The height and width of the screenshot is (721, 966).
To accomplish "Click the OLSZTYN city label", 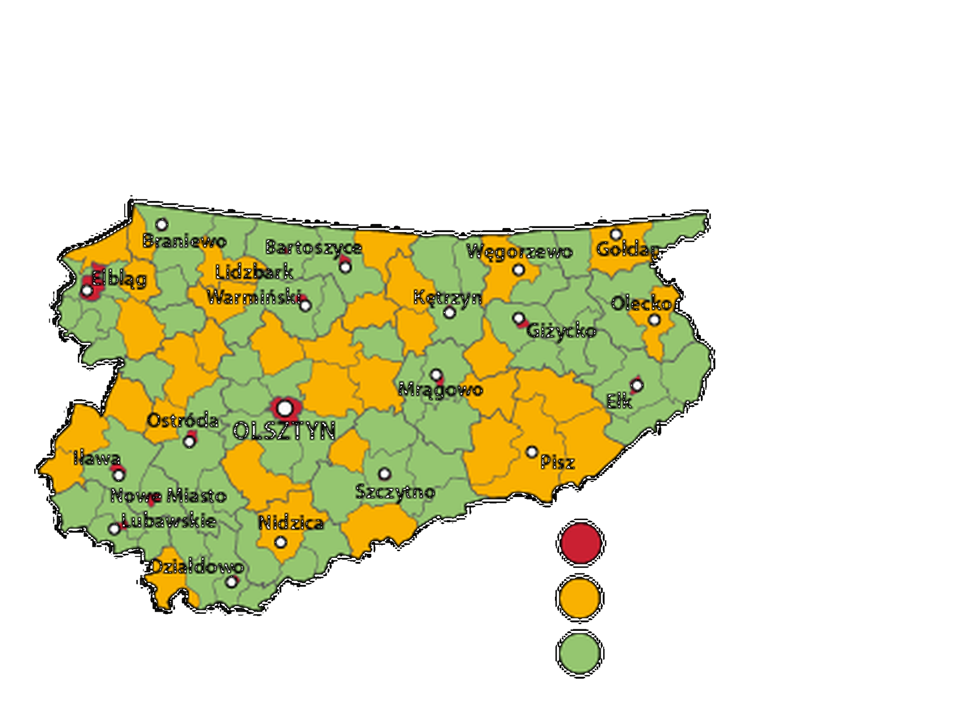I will coord(284,431).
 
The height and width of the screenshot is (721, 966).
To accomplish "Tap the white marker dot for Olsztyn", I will coord(285,408).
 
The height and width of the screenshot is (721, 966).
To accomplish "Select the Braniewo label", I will coord(184,241).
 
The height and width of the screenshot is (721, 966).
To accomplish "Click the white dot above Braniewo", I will coord(162,225).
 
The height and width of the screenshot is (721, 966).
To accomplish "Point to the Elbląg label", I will coord(119,279).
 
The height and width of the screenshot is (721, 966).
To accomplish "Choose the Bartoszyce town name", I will coord(313,248).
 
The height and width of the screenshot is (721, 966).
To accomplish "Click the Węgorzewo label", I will coord(519,251).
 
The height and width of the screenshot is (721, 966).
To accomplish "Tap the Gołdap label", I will coord(627,249).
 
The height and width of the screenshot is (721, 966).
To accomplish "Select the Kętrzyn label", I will coord(447,298).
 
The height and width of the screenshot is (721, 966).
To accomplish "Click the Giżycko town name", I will coord(561,331).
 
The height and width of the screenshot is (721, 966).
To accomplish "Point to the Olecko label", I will coord(641,304).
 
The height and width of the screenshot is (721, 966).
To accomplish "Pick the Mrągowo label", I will coord(441,389).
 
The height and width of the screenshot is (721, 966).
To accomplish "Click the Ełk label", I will coord(619,402).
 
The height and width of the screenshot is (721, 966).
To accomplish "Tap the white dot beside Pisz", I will coord(532,452).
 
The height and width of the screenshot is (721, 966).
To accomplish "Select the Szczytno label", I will coord(395,492).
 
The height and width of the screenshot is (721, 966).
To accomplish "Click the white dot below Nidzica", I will coord(281,542).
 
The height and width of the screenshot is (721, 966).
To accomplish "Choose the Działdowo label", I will coord(197,567).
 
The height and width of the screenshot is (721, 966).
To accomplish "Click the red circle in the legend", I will coord(581,543).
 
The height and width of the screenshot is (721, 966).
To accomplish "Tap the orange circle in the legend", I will coord(580,598).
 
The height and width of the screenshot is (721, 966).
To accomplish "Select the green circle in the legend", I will coord(580,653).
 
